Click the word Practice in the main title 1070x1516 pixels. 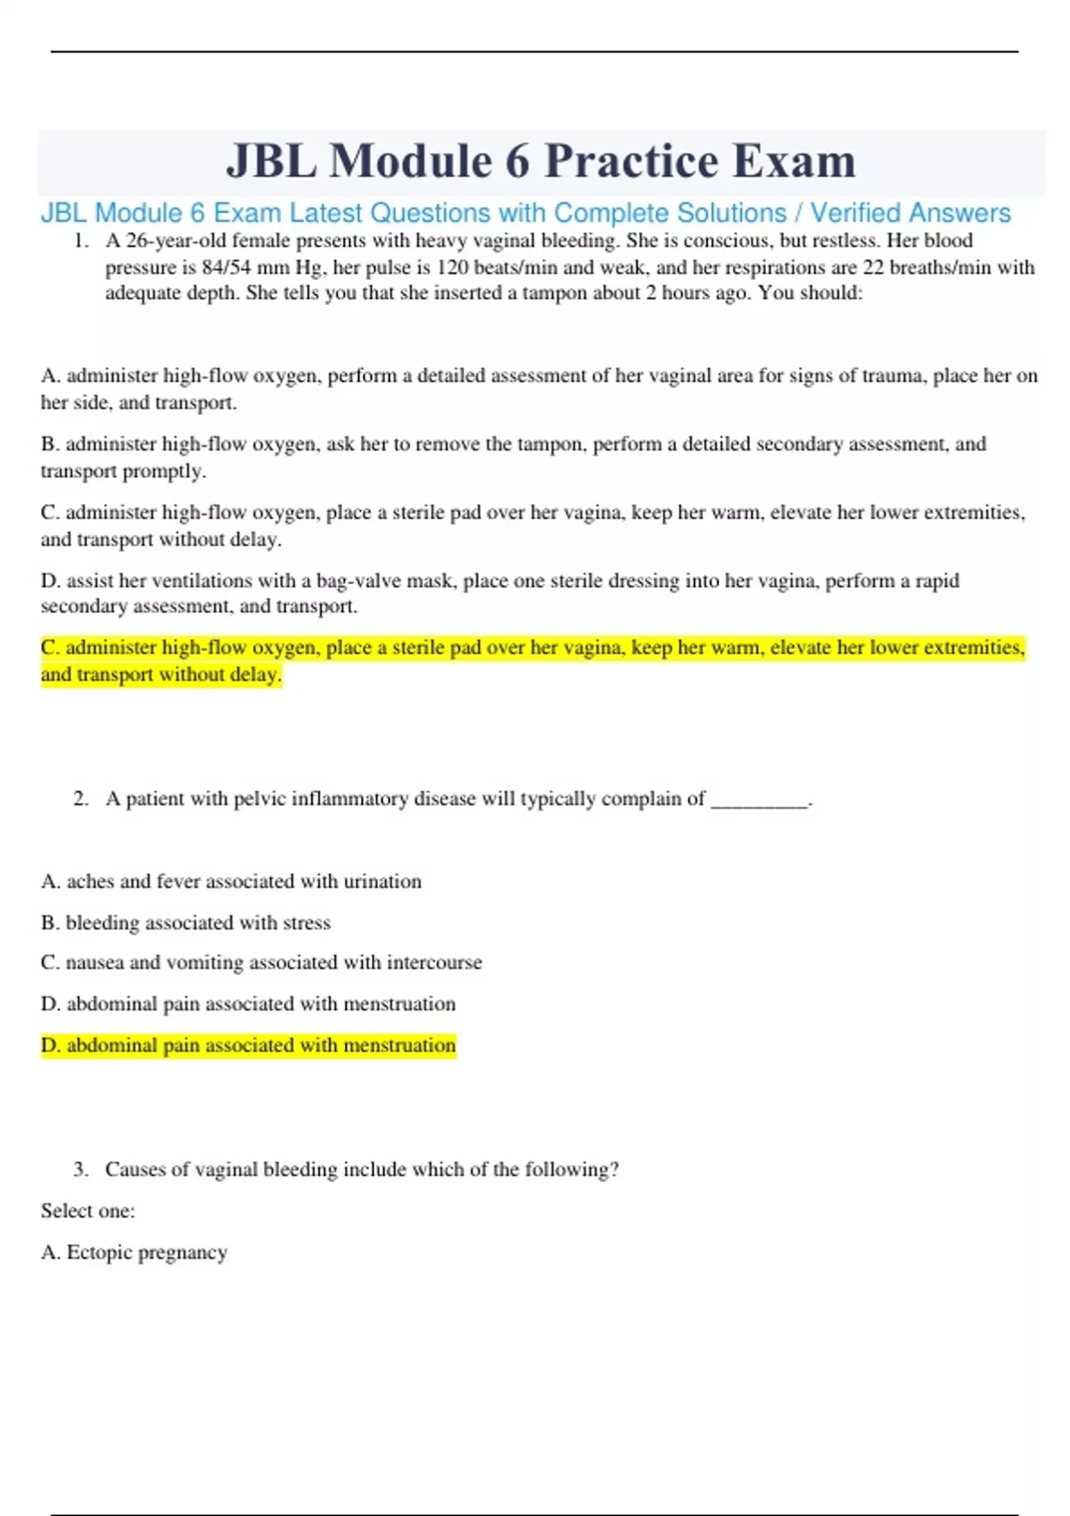coord(631,161)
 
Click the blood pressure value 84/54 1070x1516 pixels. coord(227,268)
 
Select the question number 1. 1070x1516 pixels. coord(81,241)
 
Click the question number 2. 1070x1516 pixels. coord(81,799)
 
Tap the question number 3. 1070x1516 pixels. coord(81,1170)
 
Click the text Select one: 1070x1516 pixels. coord(87,1211)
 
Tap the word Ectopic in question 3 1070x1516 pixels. coord(99,1252)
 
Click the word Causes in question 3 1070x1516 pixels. coord(135,1170)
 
